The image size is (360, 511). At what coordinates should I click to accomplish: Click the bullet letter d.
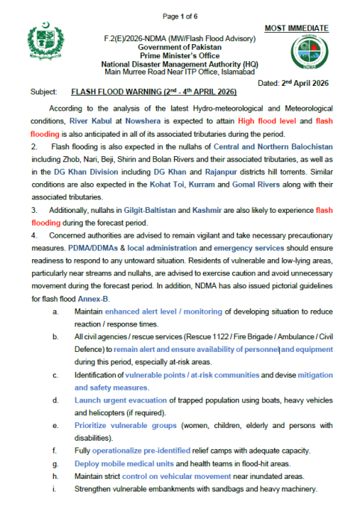coord(57,402)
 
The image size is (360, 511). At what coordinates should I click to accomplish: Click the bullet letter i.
coord(57,489)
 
